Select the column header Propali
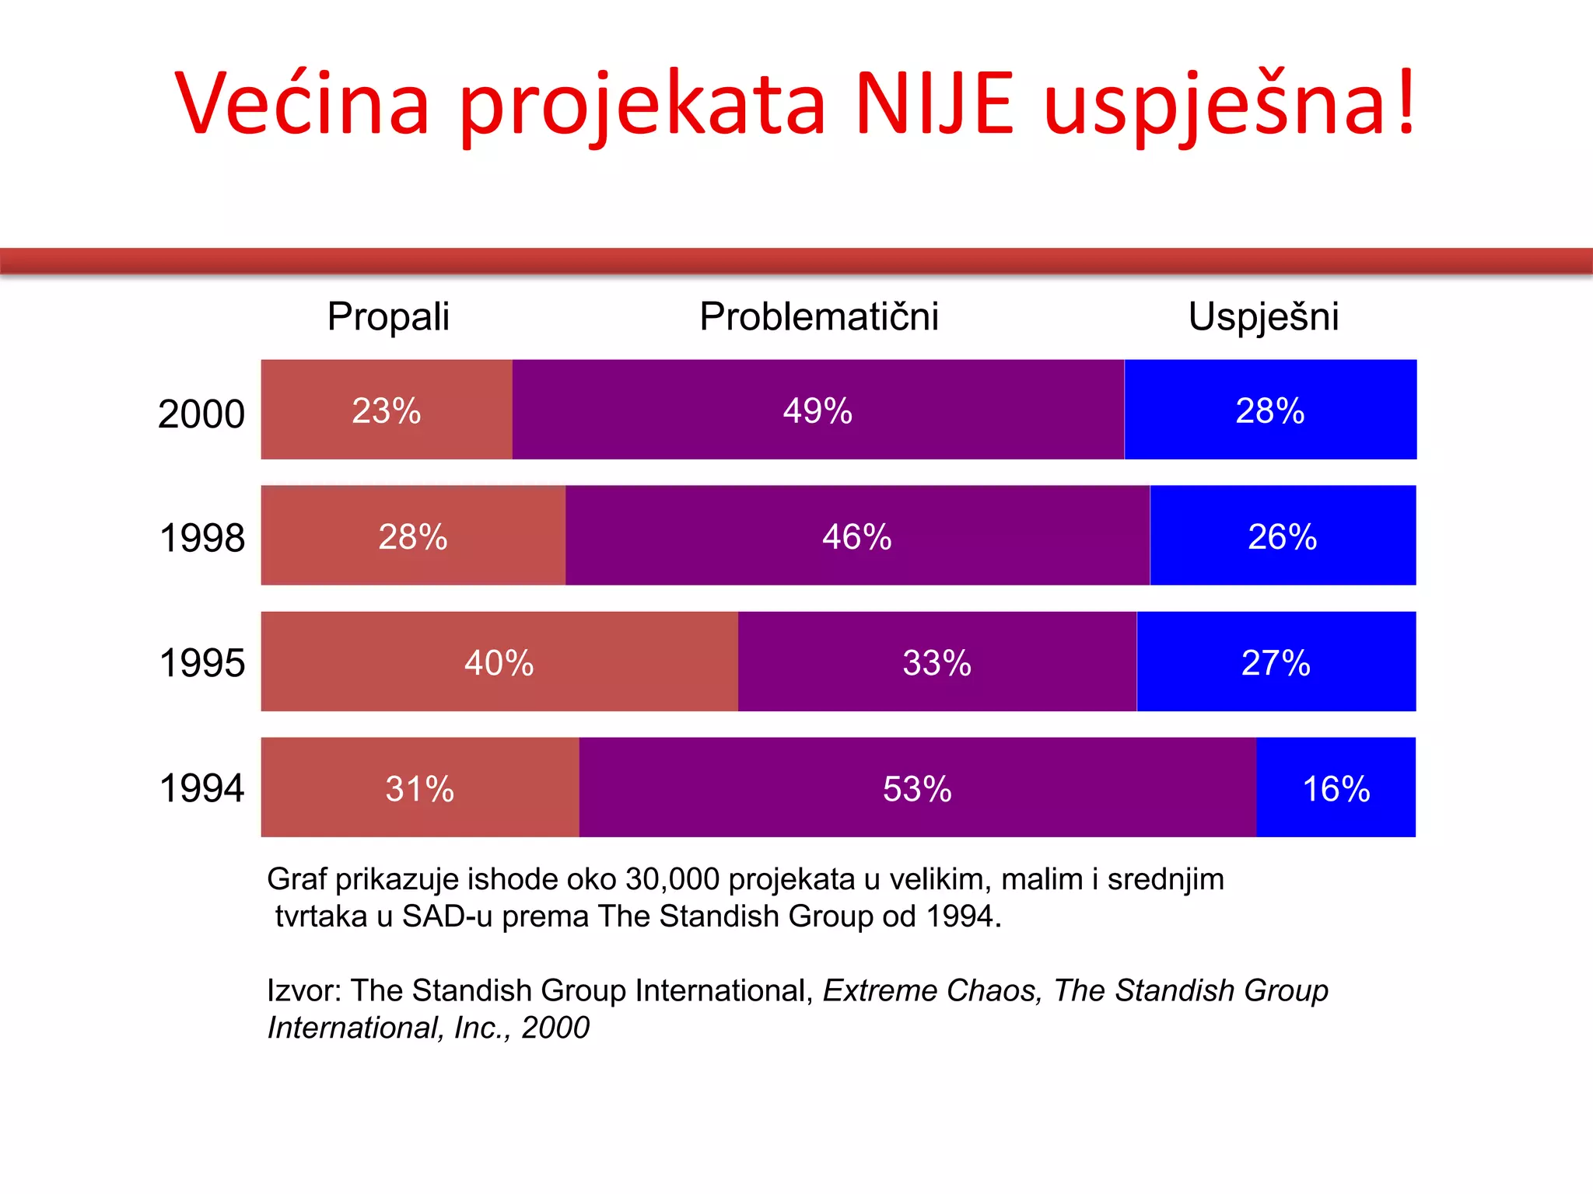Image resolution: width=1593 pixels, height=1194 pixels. point(388,316)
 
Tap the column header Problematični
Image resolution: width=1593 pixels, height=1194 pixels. point(819,316)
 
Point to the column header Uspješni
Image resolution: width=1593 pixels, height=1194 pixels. point(1263,316)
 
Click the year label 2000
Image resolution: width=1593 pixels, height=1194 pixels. point(201,414)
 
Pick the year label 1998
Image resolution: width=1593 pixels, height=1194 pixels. point(201,538)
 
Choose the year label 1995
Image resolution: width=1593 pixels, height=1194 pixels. point(201,663)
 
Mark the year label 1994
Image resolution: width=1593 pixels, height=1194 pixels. point(201,788)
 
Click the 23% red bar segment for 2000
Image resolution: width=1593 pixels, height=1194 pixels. point(387,410)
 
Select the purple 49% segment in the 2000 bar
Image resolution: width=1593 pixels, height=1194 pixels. point(818,410)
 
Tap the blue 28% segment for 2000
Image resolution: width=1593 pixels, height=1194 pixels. point(1270,410)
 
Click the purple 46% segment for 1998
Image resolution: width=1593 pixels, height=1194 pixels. point(857,536)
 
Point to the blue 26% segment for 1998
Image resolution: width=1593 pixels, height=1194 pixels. point(1283,536)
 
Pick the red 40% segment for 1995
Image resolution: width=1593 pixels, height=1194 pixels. point(499,662)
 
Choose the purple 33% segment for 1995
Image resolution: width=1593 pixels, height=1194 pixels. point(937,662)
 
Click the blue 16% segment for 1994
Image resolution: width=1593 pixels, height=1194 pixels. point(1336,787)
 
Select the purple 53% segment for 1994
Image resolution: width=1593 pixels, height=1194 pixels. point(918,787)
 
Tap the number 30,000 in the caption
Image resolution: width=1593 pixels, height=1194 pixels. point(672,879)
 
